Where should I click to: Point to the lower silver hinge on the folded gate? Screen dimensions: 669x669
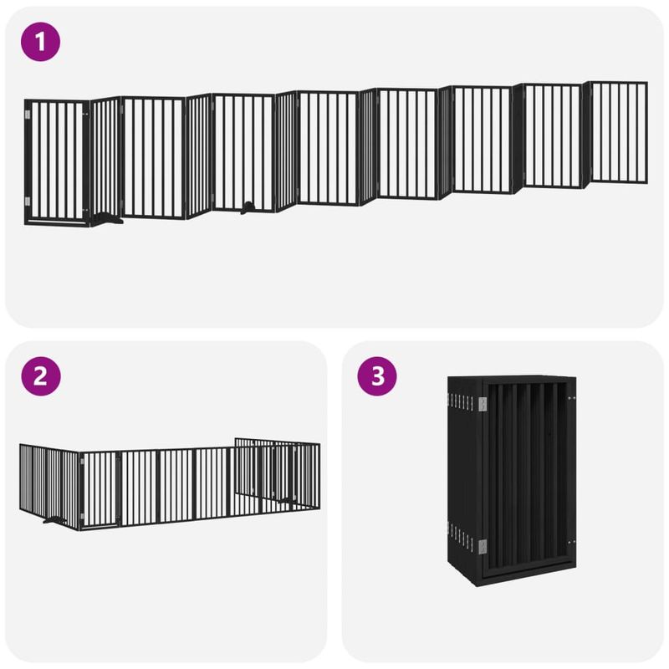point(483,545)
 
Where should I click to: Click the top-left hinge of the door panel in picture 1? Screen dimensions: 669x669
point(27,112)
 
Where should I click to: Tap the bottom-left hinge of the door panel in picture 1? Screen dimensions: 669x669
point(27,201)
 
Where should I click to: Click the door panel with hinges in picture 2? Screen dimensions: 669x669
point(100,488)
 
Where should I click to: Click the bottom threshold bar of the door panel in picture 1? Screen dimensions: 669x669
point(57,222)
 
